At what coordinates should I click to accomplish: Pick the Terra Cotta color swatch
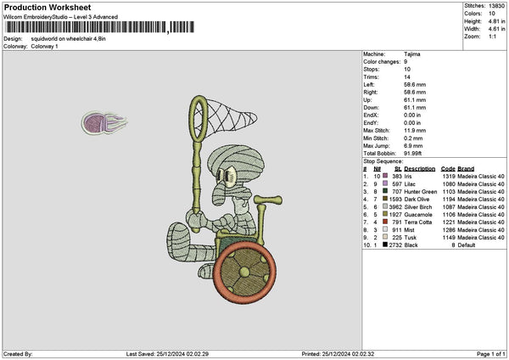point(386,222)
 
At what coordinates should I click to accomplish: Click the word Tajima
point(413,53)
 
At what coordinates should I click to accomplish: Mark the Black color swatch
point(386,245)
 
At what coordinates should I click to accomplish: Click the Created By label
point(18,353)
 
